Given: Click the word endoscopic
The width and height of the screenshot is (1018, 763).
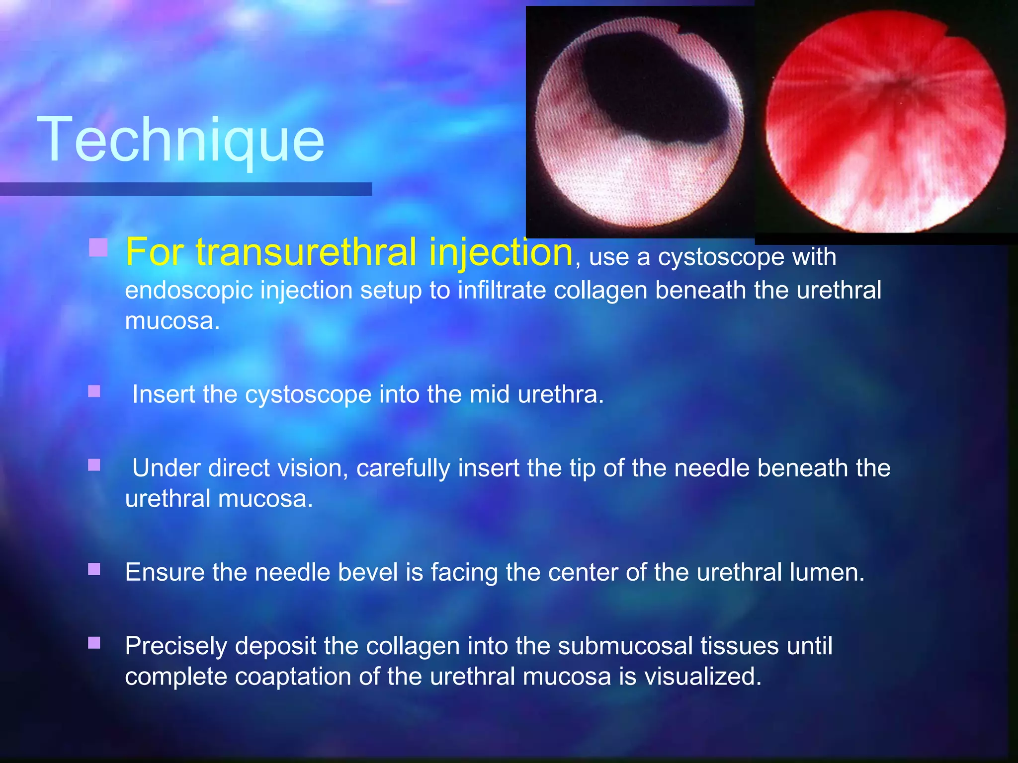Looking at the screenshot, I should click(188, 290).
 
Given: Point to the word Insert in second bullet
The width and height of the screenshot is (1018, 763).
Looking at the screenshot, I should click(164, 394).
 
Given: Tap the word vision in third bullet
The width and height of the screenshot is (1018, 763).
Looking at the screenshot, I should click(313, 468).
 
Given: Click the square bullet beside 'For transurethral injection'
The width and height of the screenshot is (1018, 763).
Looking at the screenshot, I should click(98, 247).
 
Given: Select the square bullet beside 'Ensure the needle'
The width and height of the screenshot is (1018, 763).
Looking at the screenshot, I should click(94, 569).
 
